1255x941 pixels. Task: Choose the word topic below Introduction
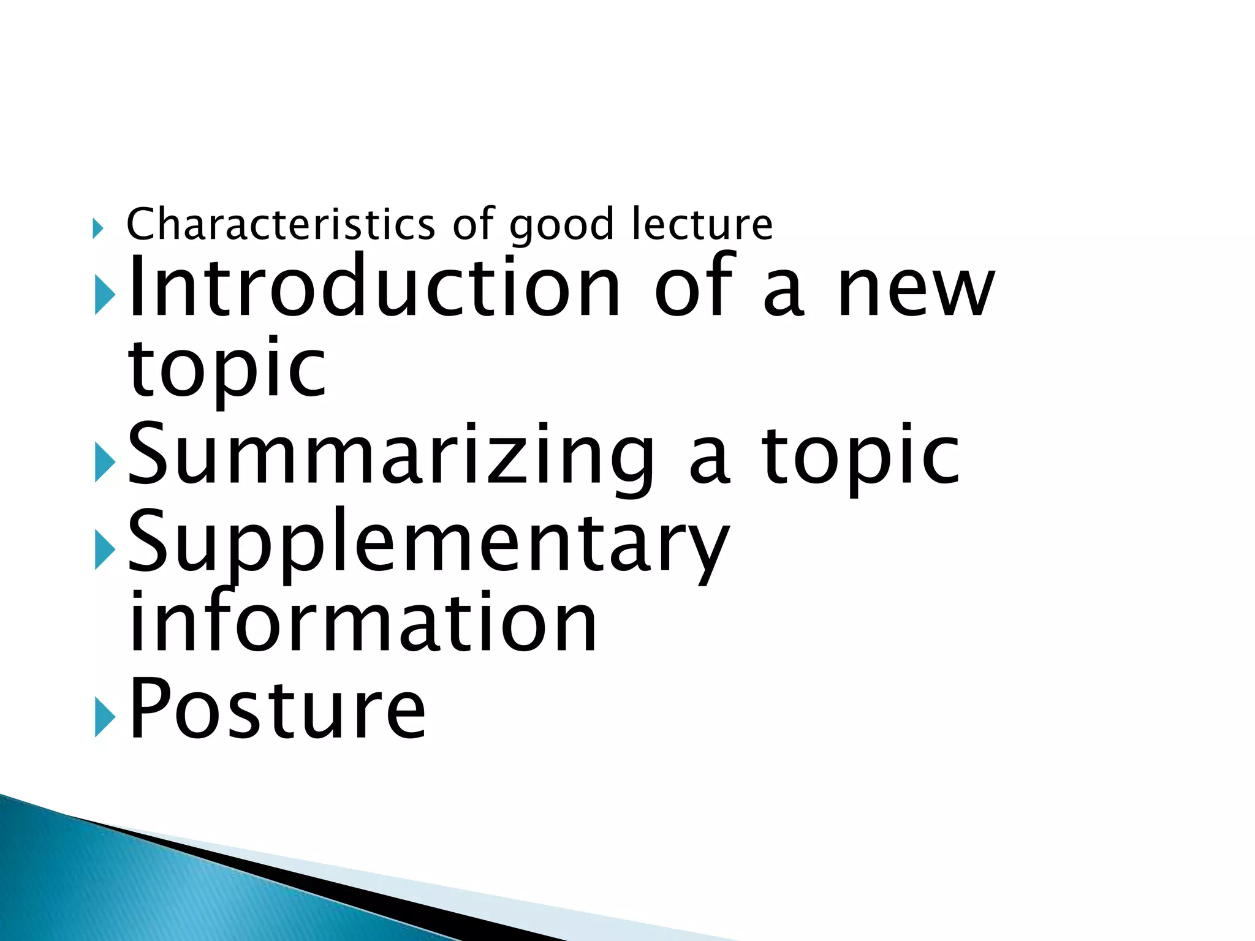tap(227, 371)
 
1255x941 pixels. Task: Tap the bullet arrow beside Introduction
tap(105, 294)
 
